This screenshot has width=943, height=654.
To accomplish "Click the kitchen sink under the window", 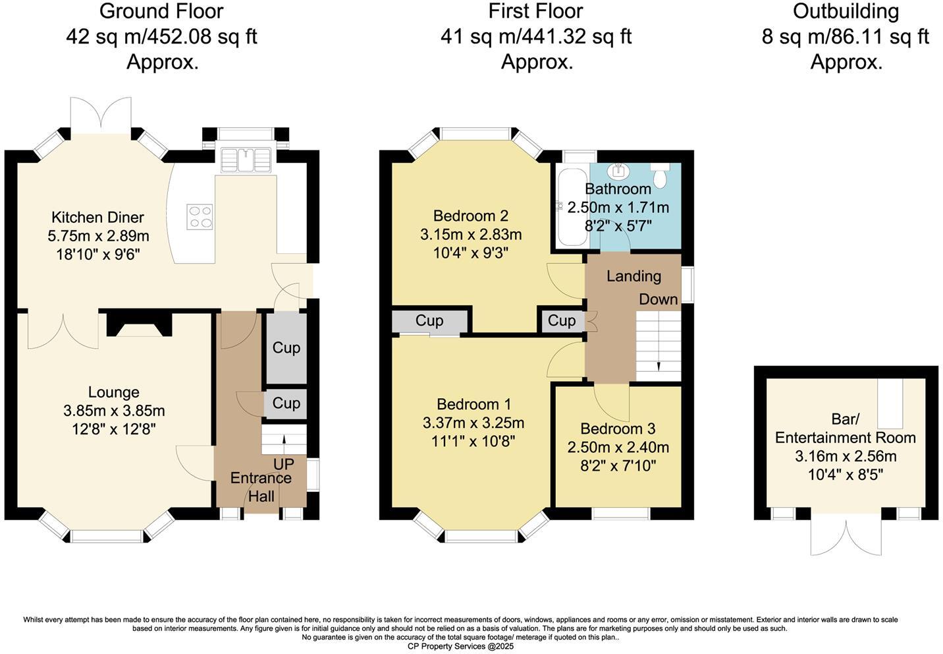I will point(246,159).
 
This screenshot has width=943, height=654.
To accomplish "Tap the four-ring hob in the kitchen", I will point(200,216).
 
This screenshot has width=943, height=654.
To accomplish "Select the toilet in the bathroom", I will point(660,175).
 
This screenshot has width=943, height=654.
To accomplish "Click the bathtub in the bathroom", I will point(570,206).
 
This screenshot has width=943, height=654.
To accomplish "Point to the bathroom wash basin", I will point(618,171).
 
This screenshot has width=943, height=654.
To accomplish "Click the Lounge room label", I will point(113,392).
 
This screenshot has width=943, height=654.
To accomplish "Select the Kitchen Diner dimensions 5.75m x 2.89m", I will point(98,235).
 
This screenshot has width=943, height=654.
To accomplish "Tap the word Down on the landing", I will point(658,299).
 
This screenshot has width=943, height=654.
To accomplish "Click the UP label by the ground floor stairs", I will point(284,463).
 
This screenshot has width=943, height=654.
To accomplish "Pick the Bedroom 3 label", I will point(618,429).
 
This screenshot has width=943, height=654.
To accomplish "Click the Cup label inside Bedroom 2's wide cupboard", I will point(429,320).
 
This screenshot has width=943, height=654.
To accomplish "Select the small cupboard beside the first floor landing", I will point(561,321).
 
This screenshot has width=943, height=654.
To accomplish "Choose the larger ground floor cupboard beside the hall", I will point(286,347).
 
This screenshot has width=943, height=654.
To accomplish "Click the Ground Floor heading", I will point(161,11).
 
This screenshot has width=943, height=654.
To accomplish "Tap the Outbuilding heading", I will point(846,11).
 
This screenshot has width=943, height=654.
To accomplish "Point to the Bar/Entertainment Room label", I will point(846,429).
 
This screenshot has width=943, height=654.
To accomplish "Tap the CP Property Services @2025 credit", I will point(460,647).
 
